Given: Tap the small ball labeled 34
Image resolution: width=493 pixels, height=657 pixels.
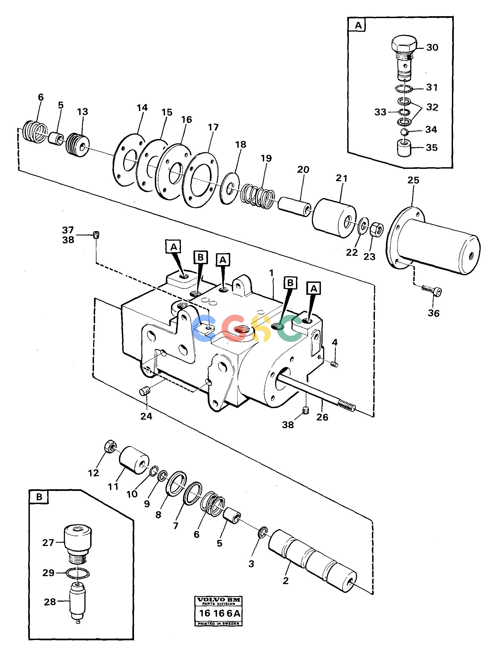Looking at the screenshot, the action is (x=404, y=131).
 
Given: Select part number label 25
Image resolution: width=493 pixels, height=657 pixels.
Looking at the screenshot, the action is (x=413, y=180).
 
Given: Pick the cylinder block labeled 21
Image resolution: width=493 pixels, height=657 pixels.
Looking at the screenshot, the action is (x=334, y=218).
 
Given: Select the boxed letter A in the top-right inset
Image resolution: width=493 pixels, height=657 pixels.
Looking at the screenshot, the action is (x=358, y=25).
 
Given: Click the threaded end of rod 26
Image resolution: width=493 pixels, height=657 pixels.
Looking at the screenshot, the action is (x=346, y=406).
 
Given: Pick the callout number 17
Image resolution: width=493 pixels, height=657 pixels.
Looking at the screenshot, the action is (x=213, y=127).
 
